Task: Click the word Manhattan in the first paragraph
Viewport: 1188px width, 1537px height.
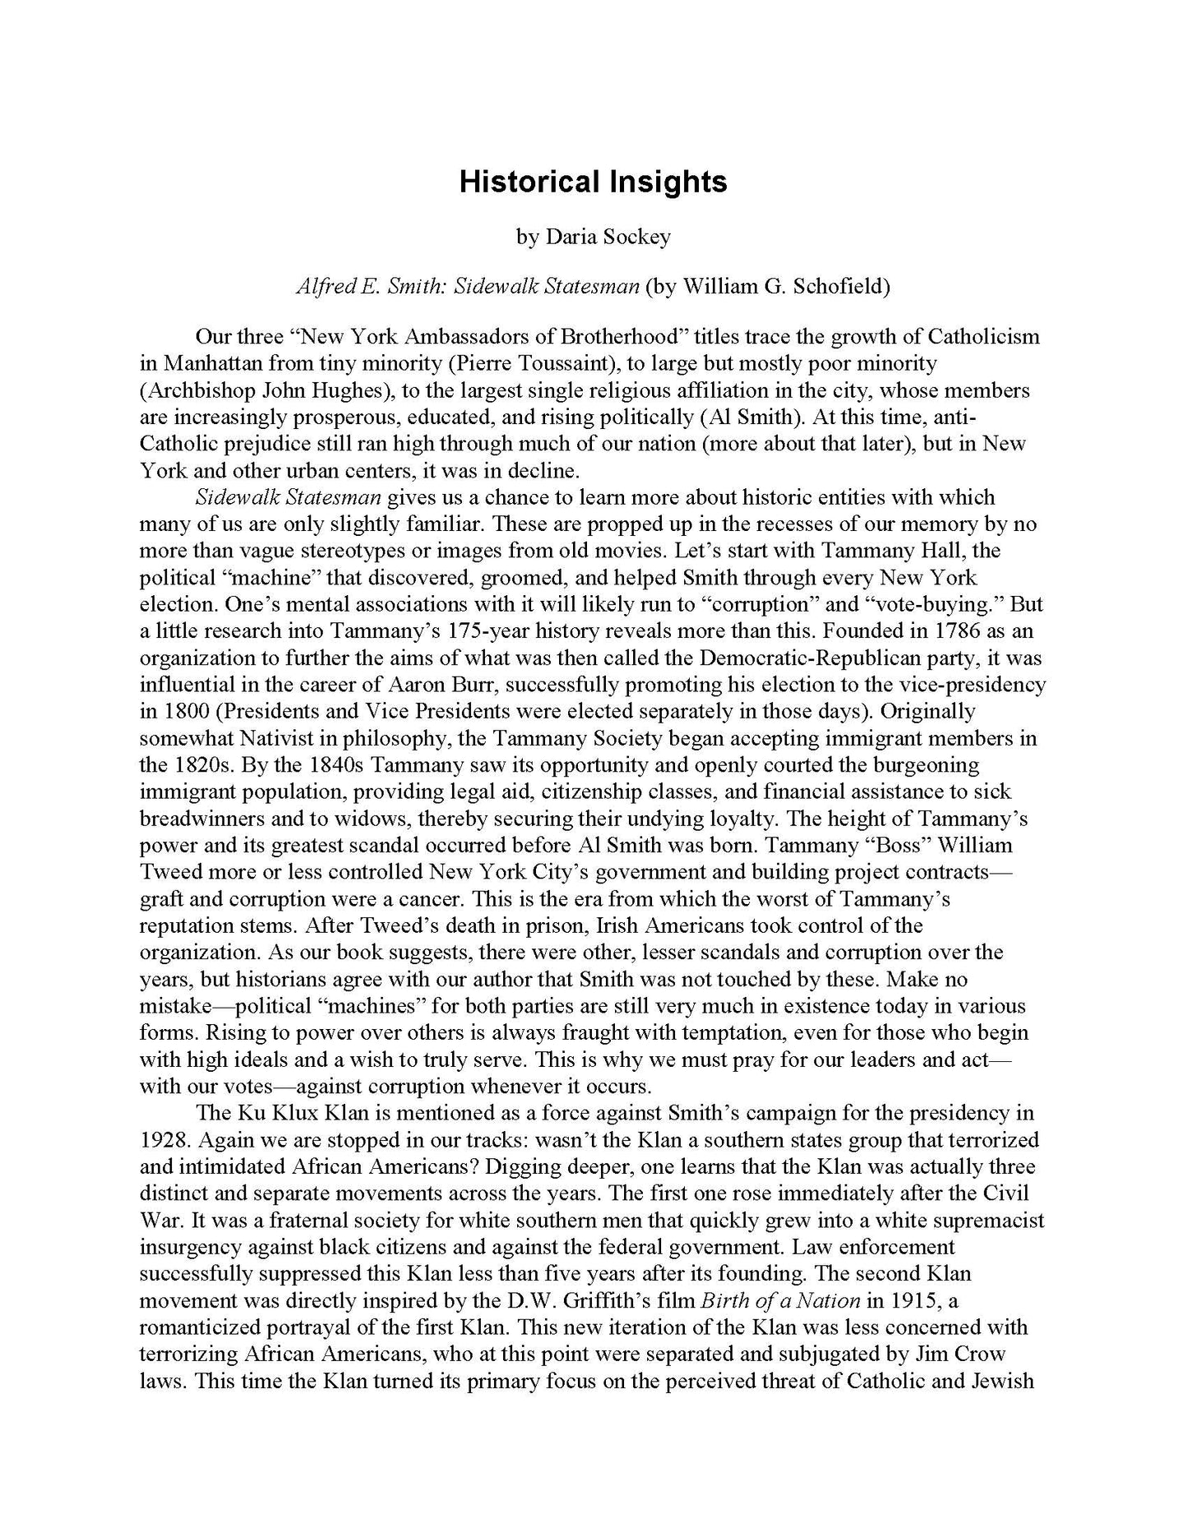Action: pyautogui.click(x=210, y=363)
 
